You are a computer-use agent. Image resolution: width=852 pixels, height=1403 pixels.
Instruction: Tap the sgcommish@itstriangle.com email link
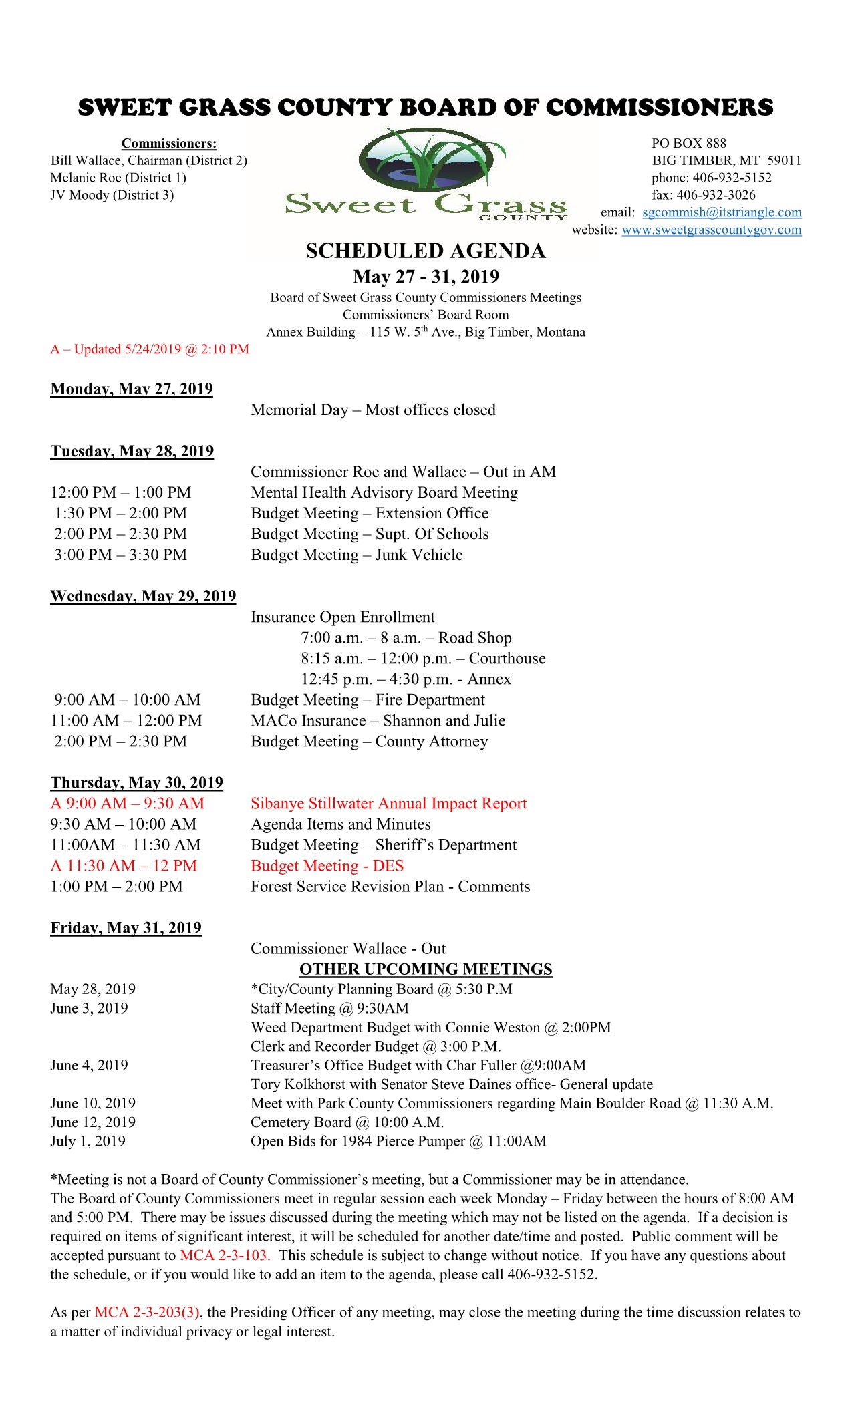tap(722, 212)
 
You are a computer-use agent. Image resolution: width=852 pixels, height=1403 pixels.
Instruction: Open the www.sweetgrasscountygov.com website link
tap(711, 230)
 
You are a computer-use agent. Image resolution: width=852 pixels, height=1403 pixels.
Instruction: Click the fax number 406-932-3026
tap(716, 195)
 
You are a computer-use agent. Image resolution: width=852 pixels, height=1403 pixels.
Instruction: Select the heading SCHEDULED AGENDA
tap(426, 251)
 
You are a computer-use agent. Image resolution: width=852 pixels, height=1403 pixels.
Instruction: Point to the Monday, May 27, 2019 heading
tap(132, 389)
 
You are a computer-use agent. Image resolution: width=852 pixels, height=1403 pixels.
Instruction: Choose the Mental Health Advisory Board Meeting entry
tap(384, 492)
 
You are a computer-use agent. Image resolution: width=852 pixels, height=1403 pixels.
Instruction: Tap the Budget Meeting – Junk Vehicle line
tap(356, 555)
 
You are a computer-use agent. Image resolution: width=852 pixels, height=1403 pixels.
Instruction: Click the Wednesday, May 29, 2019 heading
tap(143, 596)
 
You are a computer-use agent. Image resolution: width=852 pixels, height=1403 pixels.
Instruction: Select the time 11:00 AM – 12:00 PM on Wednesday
tap(126, 720)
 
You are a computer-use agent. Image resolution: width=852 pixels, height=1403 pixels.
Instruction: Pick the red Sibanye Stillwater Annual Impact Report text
tap(388, 803)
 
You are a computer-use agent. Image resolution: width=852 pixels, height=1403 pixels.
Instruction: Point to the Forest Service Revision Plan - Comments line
tap(390, 886)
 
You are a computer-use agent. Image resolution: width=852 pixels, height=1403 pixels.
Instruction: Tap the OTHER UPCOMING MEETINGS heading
tap(426, 969)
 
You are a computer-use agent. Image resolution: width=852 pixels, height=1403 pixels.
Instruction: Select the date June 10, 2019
tap(93, 1103)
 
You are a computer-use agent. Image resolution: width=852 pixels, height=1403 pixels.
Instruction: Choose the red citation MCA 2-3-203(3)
tap(147, 1312)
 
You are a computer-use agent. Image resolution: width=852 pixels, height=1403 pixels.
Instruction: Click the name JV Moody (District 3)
tap(112, 195)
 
